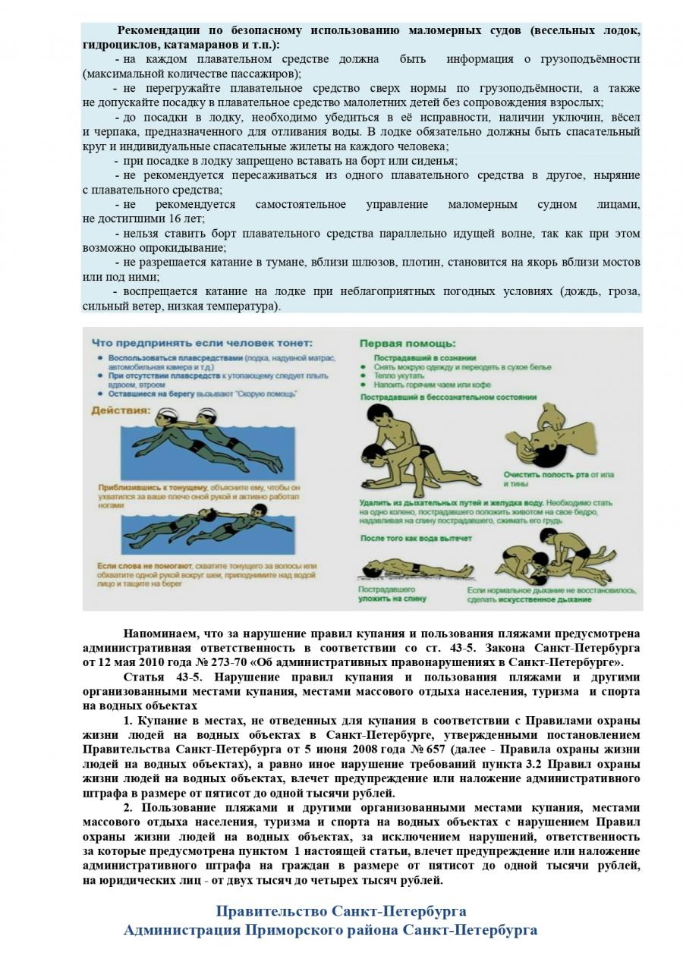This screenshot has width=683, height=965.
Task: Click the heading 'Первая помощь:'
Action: point(407,343)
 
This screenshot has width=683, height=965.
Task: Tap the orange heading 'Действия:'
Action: point(120,411)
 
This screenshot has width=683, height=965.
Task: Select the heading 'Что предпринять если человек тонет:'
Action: point(201,343)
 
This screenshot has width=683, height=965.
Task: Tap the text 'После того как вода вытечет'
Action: point(416,538)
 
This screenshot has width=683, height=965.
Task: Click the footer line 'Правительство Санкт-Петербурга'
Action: point(341,910)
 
